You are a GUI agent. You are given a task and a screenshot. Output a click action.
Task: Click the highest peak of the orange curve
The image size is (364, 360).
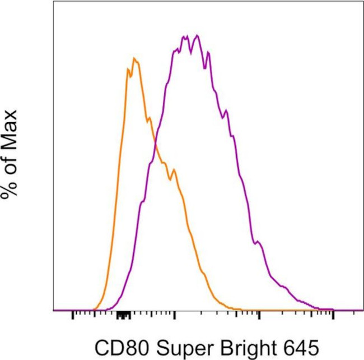(x=133, y=58)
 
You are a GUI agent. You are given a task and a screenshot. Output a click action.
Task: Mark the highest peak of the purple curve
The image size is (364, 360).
(x=196, y=35)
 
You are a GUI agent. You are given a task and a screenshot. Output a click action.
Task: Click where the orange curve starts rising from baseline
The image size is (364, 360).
(x=94, y=309)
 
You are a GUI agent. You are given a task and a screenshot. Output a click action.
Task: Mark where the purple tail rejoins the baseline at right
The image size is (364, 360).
(x=333, y=310)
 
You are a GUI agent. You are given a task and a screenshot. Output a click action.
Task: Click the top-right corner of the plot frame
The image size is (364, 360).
(x=362, y=1)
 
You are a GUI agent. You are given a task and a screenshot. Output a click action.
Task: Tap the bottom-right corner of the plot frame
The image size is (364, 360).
(x=362, y=310)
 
